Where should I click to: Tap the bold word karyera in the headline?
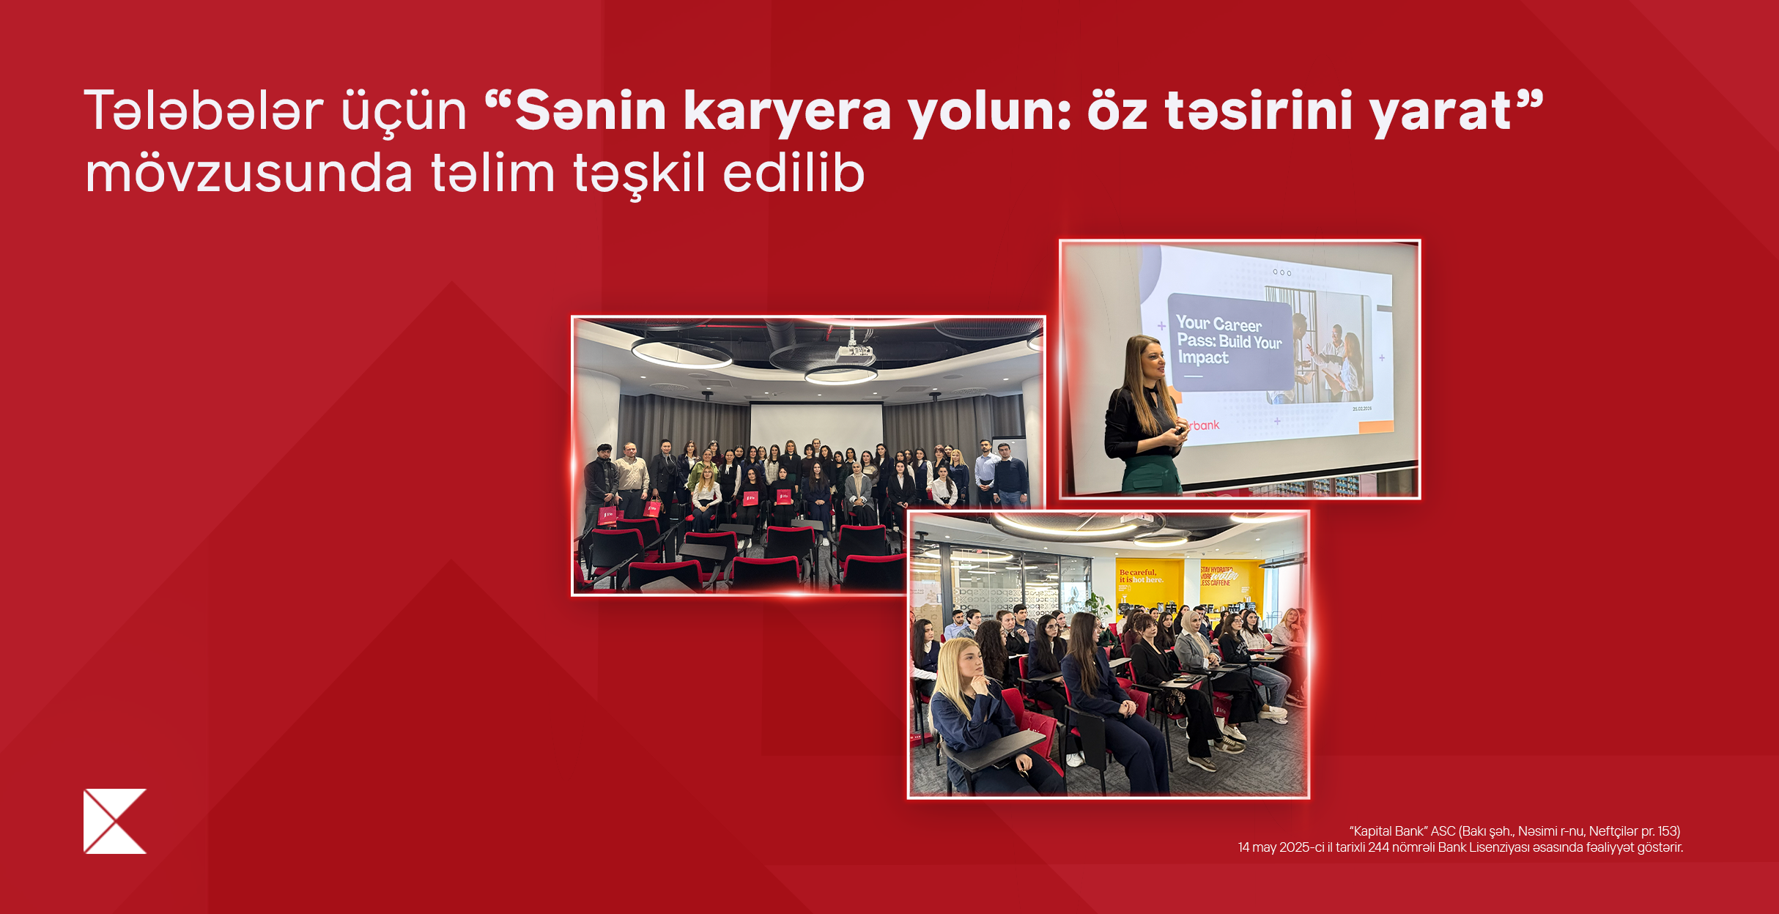[787, 111]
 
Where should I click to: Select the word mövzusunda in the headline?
[249, 174]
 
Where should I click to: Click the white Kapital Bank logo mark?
[114, 821]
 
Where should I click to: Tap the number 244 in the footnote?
[1378, 847]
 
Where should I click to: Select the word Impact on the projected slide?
[1203, 357]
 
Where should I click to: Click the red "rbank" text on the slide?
[1203, 425]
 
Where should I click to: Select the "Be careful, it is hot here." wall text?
[1140, 576]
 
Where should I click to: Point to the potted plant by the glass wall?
[1095, 604]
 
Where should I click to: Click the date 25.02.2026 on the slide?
[1361, 409]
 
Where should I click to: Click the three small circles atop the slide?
[1281, 272]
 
